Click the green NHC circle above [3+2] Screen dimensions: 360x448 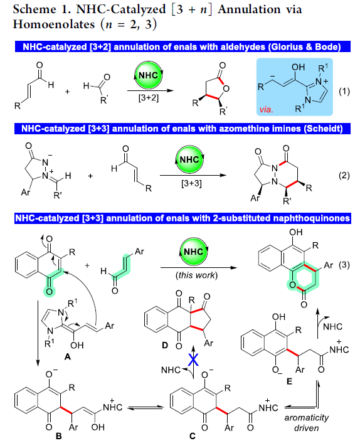pos(148,75)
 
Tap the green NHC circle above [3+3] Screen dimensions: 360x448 pos(189,159)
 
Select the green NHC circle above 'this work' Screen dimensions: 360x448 pos(194,252)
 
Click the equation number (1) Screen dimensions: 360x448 pos(344,92)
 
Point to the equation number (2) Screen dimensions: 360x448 pos(344,175)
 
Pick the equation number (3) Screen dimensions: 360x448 pos(344,265)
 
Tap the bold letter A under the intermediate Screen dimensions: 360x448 pos(68,356)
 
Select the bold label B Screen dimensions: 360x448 pos(58,436)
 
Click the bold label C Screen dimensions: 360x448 pos(193,436)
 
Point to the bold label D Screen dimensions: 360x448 pos(165,346)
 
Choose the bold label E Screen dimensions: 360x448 pos(289,381)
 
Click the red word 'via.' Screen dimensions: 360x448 pos(267,109)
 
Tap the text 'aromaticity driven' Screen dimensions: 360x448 pos(306,423)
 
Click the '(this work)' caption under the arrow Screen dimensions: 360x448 pos(196,275)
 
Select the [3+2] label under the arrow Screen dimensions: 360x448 pos(149,98)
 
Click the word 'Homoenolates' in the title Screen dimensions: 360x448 pos(54,24)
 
